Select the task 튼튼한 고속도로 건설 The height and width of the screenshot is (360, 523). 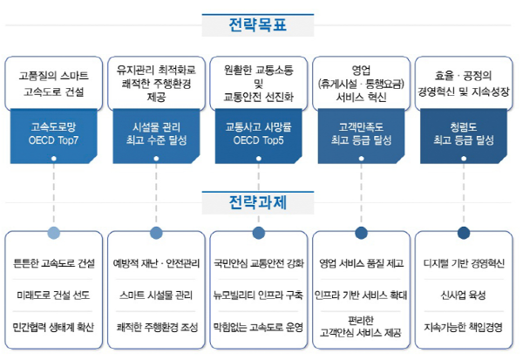(55, 263)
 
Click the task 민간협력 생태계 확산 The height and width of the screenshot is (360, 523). (55, 329)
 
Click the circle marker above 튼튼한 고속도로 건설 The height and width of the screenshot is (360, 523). (54, 233)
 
